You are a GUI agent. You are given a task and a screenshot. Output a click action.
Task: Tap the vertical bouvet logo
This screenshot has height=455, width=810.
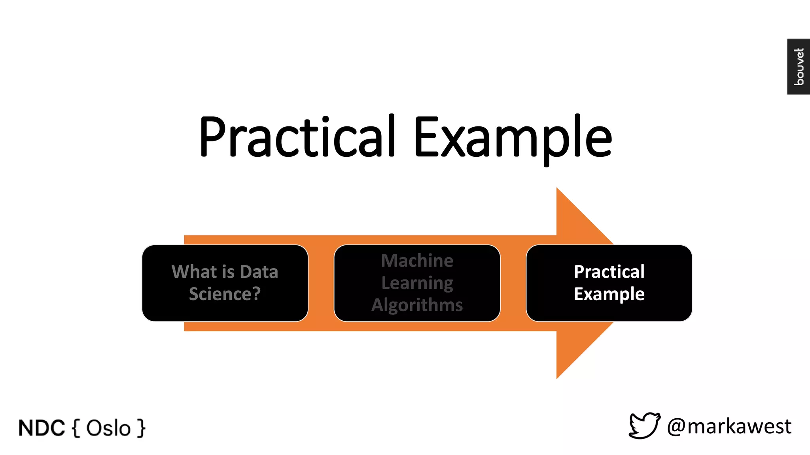[799, 66]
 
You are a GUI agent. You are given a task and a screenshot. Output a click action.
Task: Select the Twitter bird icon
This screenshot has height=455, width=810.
[644, 426]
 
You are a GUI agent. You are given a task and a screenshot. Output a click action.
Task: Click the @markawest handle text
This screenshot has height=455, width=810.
[729, 427]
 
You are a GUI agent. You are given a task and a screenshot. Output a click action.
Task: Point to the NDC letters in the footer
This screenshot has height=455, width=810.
[42, 428]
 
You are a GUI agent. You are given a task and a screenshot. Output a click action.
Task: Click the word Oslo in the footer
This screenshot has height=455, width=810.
[108, 429]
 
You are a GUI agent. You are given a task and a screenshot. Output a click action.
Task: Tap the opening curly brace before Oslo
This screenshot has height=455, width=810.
[76, 429]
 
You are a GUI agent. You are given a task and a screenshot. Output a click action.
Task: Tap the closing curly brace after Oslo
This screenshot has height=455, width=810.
[141, 429]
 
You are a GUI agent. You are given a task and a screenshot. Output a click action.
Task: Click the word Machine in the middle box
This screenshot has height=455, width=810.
[417, 261]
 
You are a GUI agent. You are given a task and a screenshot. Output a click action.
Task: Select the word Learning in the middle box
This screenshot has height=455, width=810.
[417, 283]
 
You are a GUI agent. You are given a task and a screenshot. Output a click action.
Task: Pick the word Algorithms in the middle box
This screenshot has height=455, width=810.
[417, 305]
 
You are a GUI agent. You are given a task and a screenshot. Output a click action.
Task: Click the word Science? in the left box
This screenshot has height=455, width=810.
[225, 294]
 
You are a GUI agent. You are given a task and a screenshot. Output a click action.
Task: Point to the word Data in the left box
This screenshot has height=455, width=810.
[259, 272]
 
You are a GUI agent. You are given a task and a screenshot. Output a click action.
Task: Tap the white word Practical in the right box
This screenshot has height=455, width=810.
[609, 272]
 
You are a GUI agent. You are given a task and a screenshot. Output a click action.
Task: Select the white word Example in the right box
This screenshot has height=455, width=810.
[609, 294]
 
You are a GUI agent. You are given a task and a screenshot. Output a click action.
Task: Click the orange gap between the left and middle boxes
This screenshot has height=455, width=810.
[321, 283]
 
